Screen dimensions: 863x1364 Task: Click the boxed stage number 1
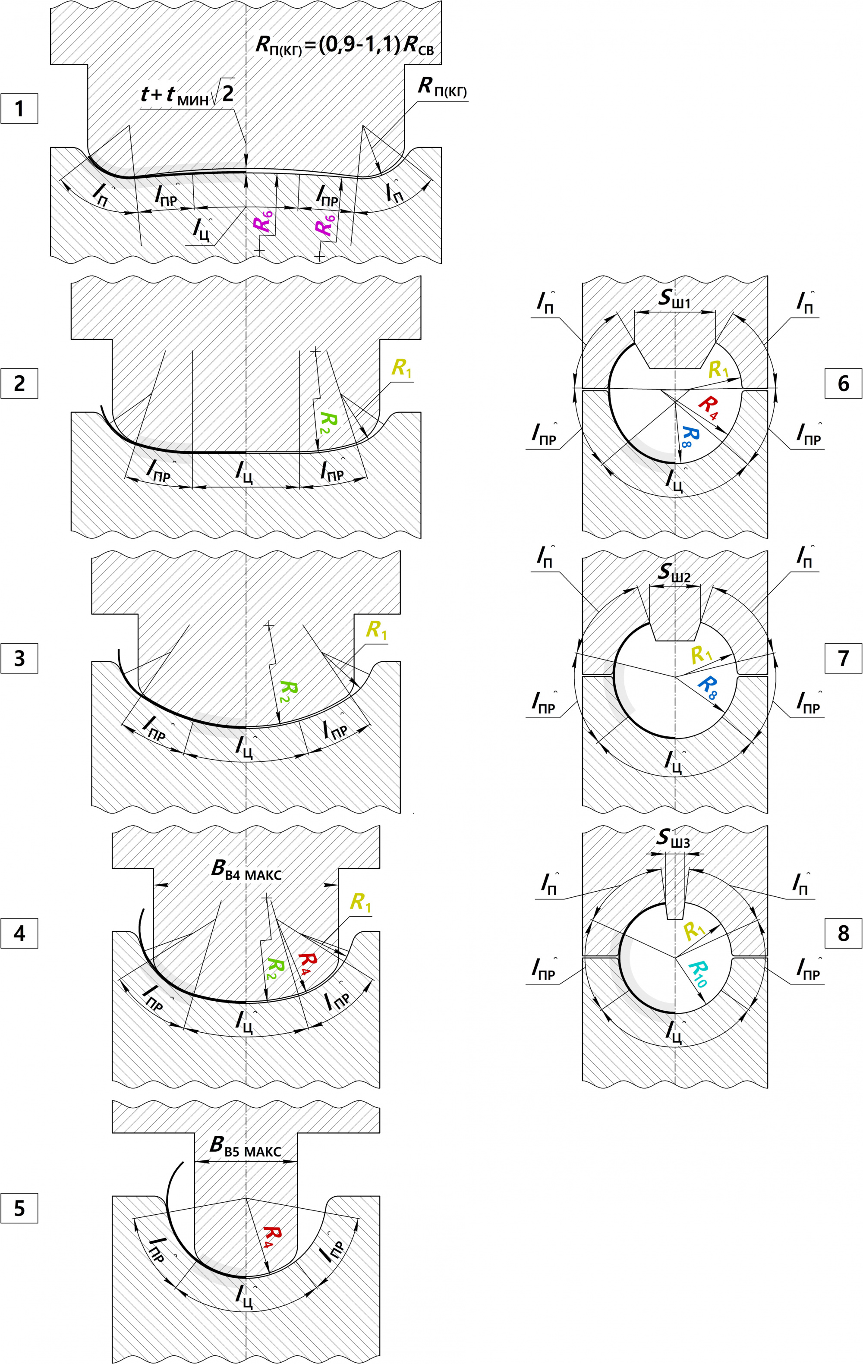19,109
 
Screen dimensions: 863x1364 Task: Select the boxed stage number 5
19,1208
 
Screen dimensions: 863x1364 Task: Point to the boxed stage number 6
843,383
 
